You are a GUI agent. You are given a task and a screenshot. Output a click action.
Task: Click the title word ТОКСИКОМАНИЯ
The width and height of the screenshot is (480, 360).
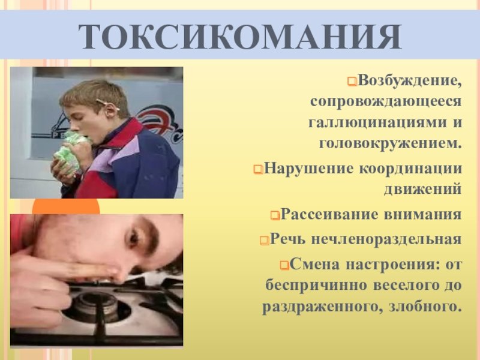pos(240,36)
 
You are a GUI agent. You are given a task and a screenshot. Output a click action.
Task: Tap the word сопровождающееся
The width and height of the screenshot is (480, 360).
pos(386,101)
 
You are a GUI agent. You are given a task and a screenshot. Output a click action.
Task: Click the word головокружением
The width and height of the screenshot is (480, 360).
pos(391,144)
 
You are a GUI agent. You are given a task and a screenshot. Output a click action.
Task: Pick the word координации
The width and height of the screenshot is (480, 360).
pos(410,169)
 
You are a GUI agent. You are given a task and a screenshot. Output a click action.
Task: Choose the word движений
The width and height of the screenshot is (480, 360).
pos(423,189)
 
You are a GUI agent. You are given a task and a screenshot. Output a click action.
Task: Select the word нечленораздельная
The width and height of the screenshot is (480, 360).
pos(386,239)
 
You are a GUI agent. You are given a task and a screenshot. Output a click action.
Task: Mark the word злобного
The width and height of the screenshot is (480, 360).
pos(425,307)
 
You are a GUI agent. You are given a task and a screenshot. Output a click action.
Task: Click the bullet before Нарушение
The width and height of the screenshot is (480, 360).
pos(258,169)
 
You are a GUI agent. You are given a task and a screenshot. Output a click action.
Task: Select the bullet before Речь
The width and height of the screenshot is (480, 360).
pos(265,240)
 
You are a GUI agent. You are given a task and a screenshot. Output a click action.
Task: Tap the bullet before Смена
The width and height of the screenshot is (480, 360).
pos(284,265)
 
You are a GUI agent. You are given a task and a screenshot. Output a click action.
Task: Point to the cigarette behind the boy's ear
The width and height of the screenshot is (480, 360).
pos(107,104)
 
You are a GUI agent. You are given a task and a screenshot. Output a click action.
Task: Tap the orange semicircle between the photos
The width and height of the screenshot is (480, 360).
pos(66,208)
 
